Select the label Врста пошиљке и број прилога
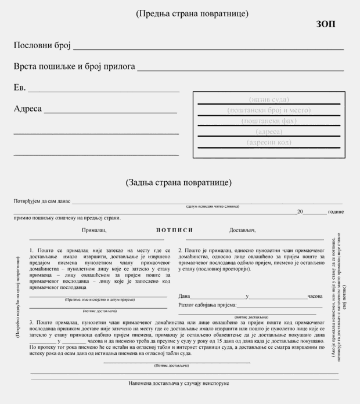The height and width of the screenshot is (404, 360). coord(74,66)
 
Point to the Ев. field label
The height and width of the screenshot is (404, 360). coord(20,88)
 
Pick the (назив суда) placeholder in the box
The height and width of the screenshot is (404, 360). coord(269,99)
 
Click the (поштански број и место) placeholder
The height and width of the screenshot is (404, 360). coord(269,110)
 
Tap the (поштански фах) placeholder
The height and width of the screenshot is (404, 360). coord(269,121)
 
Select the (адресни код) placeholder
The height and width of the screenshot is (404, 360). coord(269,142)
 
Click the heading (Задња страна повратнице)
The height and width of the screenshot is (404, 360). coord(178,182)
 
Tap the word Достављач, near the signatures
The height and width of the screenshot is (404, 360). coord(242,230)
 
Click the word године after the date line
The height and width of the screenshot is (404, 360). coord(336,212)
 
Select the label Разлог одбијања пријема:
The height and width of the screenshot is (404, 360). coord(207,305)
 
